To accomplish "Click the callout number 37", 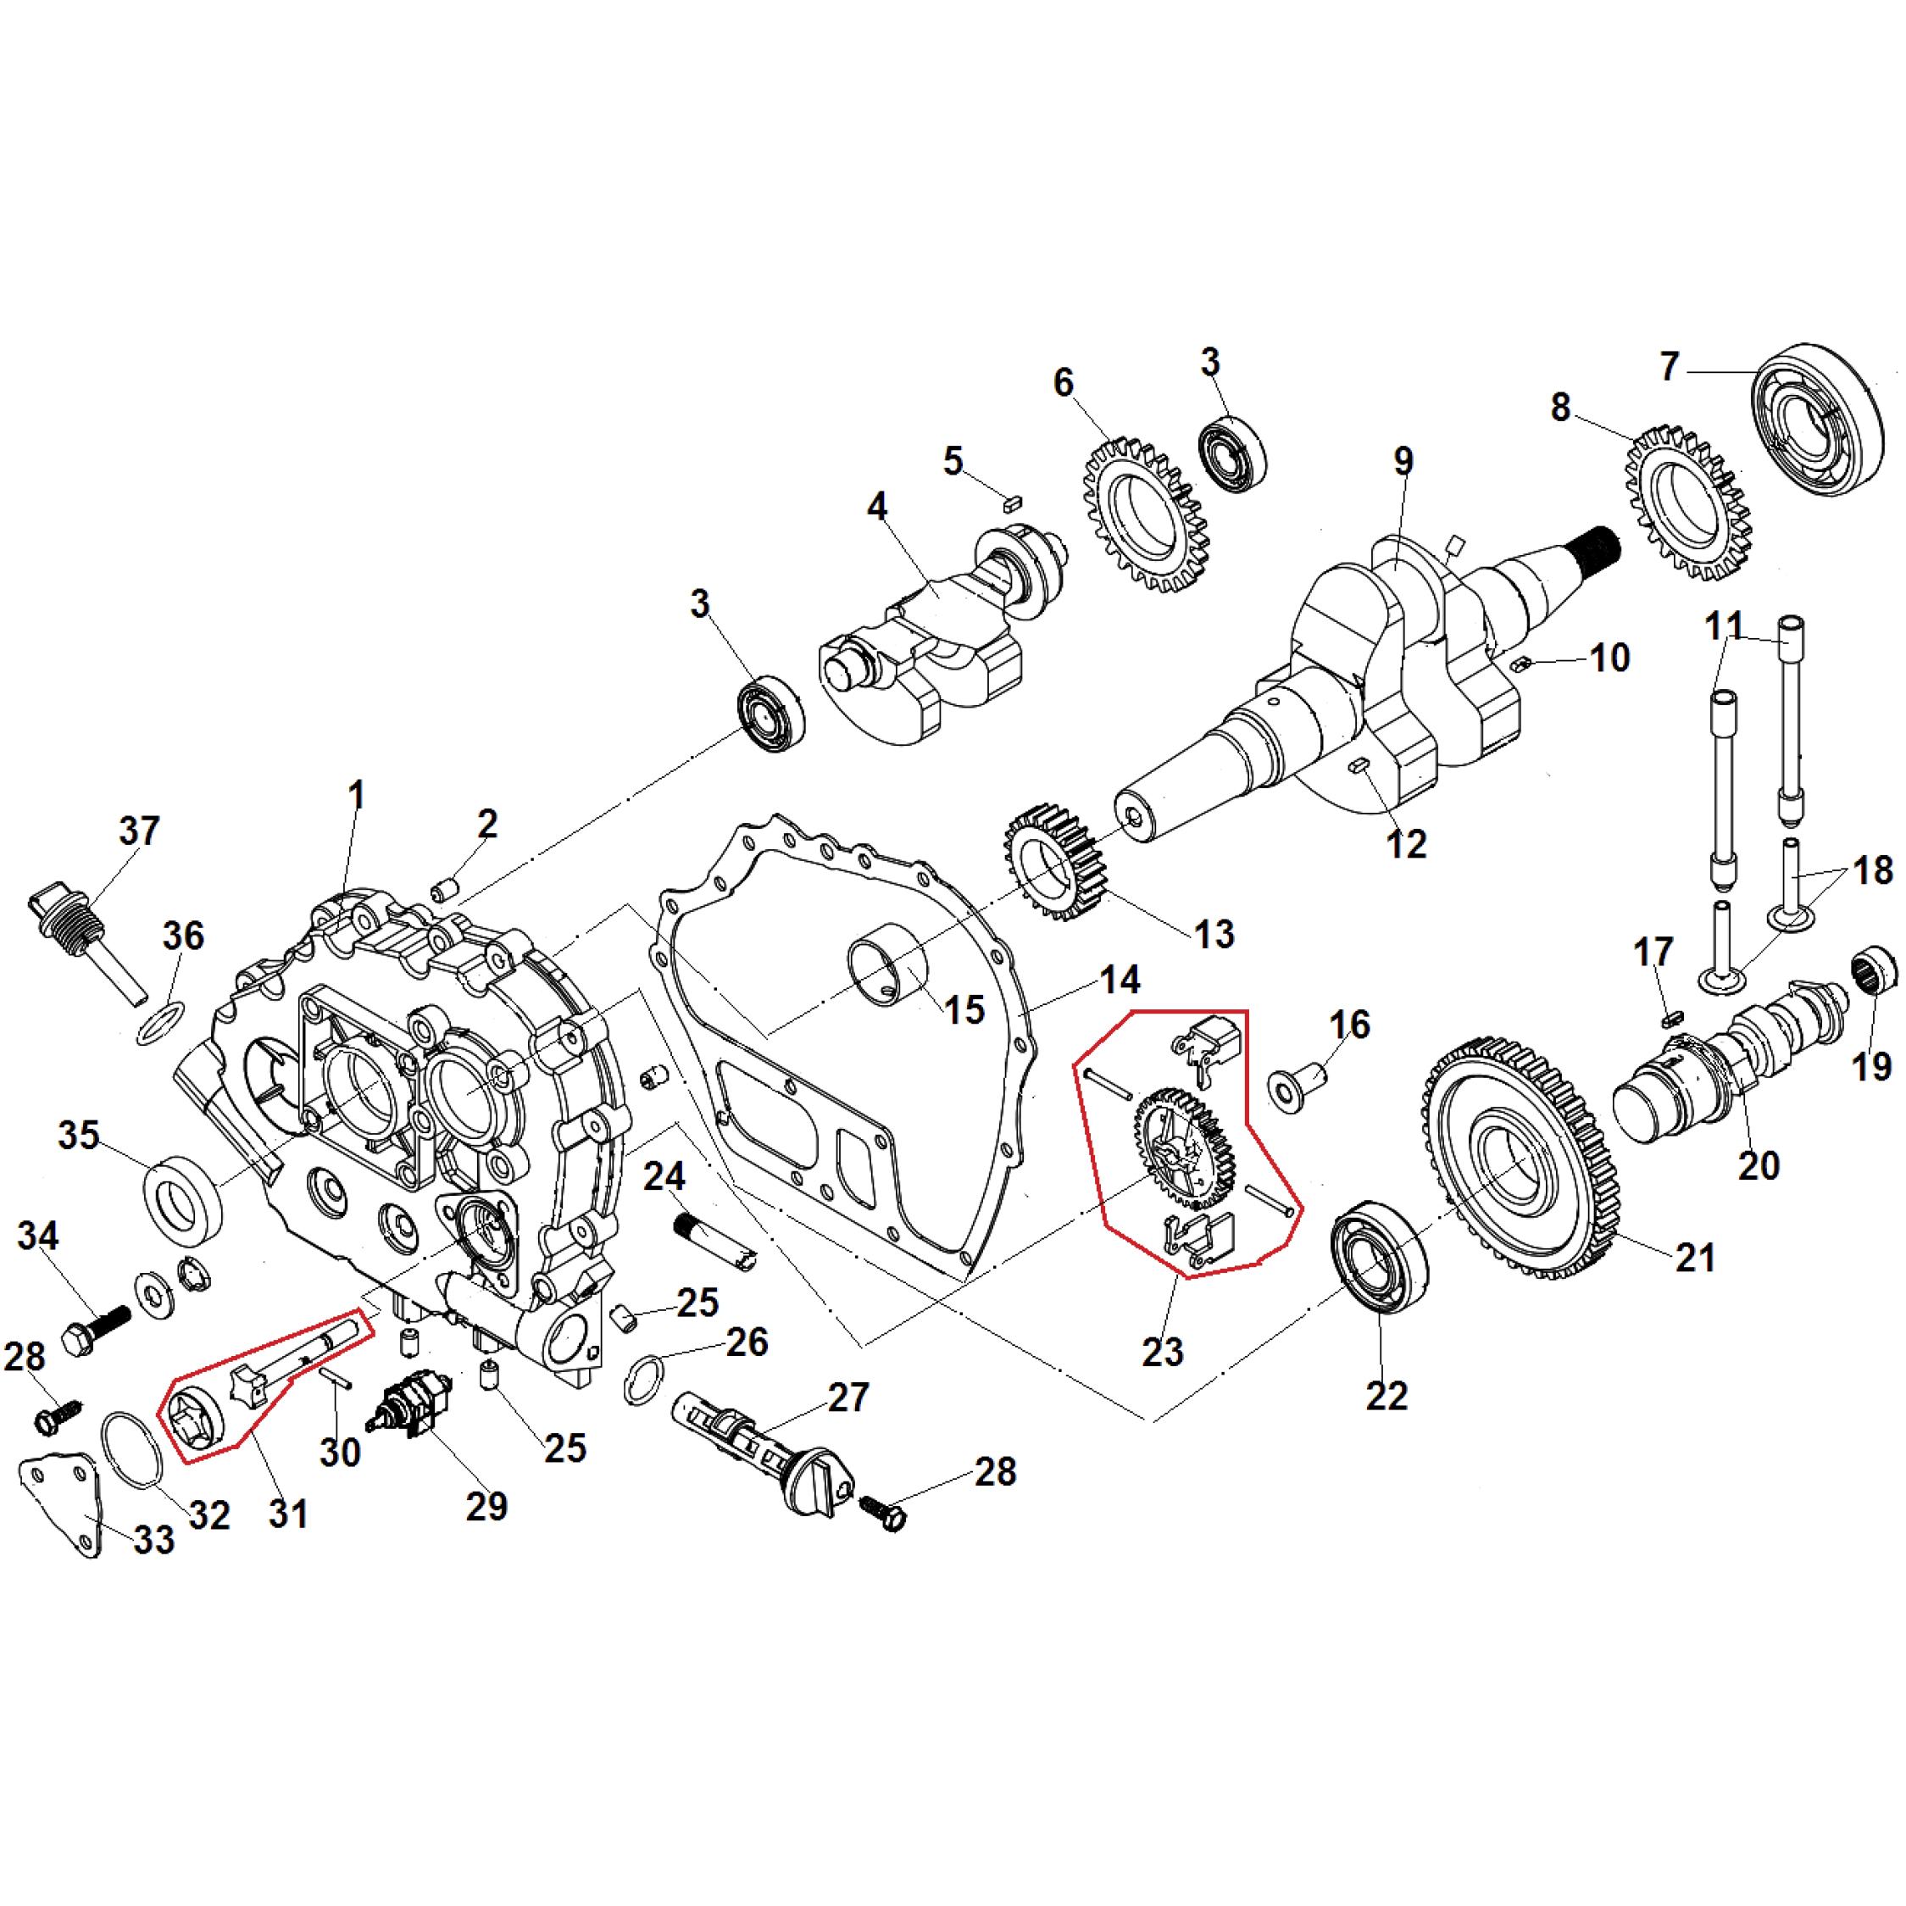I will (x=139, y=831).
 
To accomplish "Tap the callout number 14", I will (x=1120, y=980).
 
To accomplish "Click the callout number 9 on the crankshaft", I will (x=1403, y=461).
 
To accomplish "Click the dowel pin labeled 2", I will (x=445, y=889).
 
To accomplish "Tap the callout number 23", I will (x=1162, y=1351).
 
